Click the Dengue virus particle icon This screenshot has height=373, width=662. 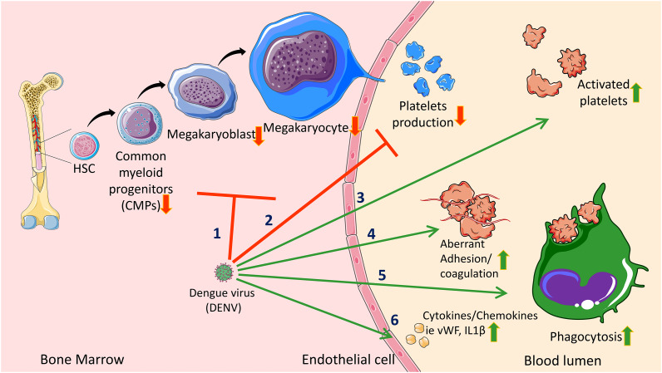point(224,272)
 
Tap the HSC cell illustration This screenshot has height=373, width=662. point(85,146)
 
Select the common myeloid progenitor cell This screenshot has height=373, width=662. point(140,124)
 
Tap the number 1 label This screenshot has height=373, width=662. point(216,233)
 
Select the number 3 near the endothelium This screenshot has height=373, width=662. point(360,198)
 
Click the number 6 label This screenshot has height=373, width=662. point(394,321)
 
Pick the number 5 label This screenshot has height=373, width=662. point(382,276)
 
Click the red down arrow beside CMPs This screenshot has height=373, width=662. point(166,204)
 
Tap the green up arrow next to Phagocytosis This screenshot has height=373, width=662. point(627,336)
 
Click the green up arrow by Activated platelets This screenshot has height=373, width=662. point(636,93)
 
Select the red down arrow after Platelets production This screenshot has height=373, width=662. point(460,115)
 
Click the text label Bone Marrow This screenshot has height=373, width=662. point(82,360)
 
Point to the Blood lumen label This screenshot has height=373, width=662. point(562,361)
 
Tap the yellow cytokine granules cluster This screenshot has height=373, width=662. point(417,336)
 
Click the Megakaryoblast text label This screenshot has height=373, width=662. point(211,135)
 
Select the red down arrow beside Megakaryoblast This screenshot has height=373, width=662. point(259,136)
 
